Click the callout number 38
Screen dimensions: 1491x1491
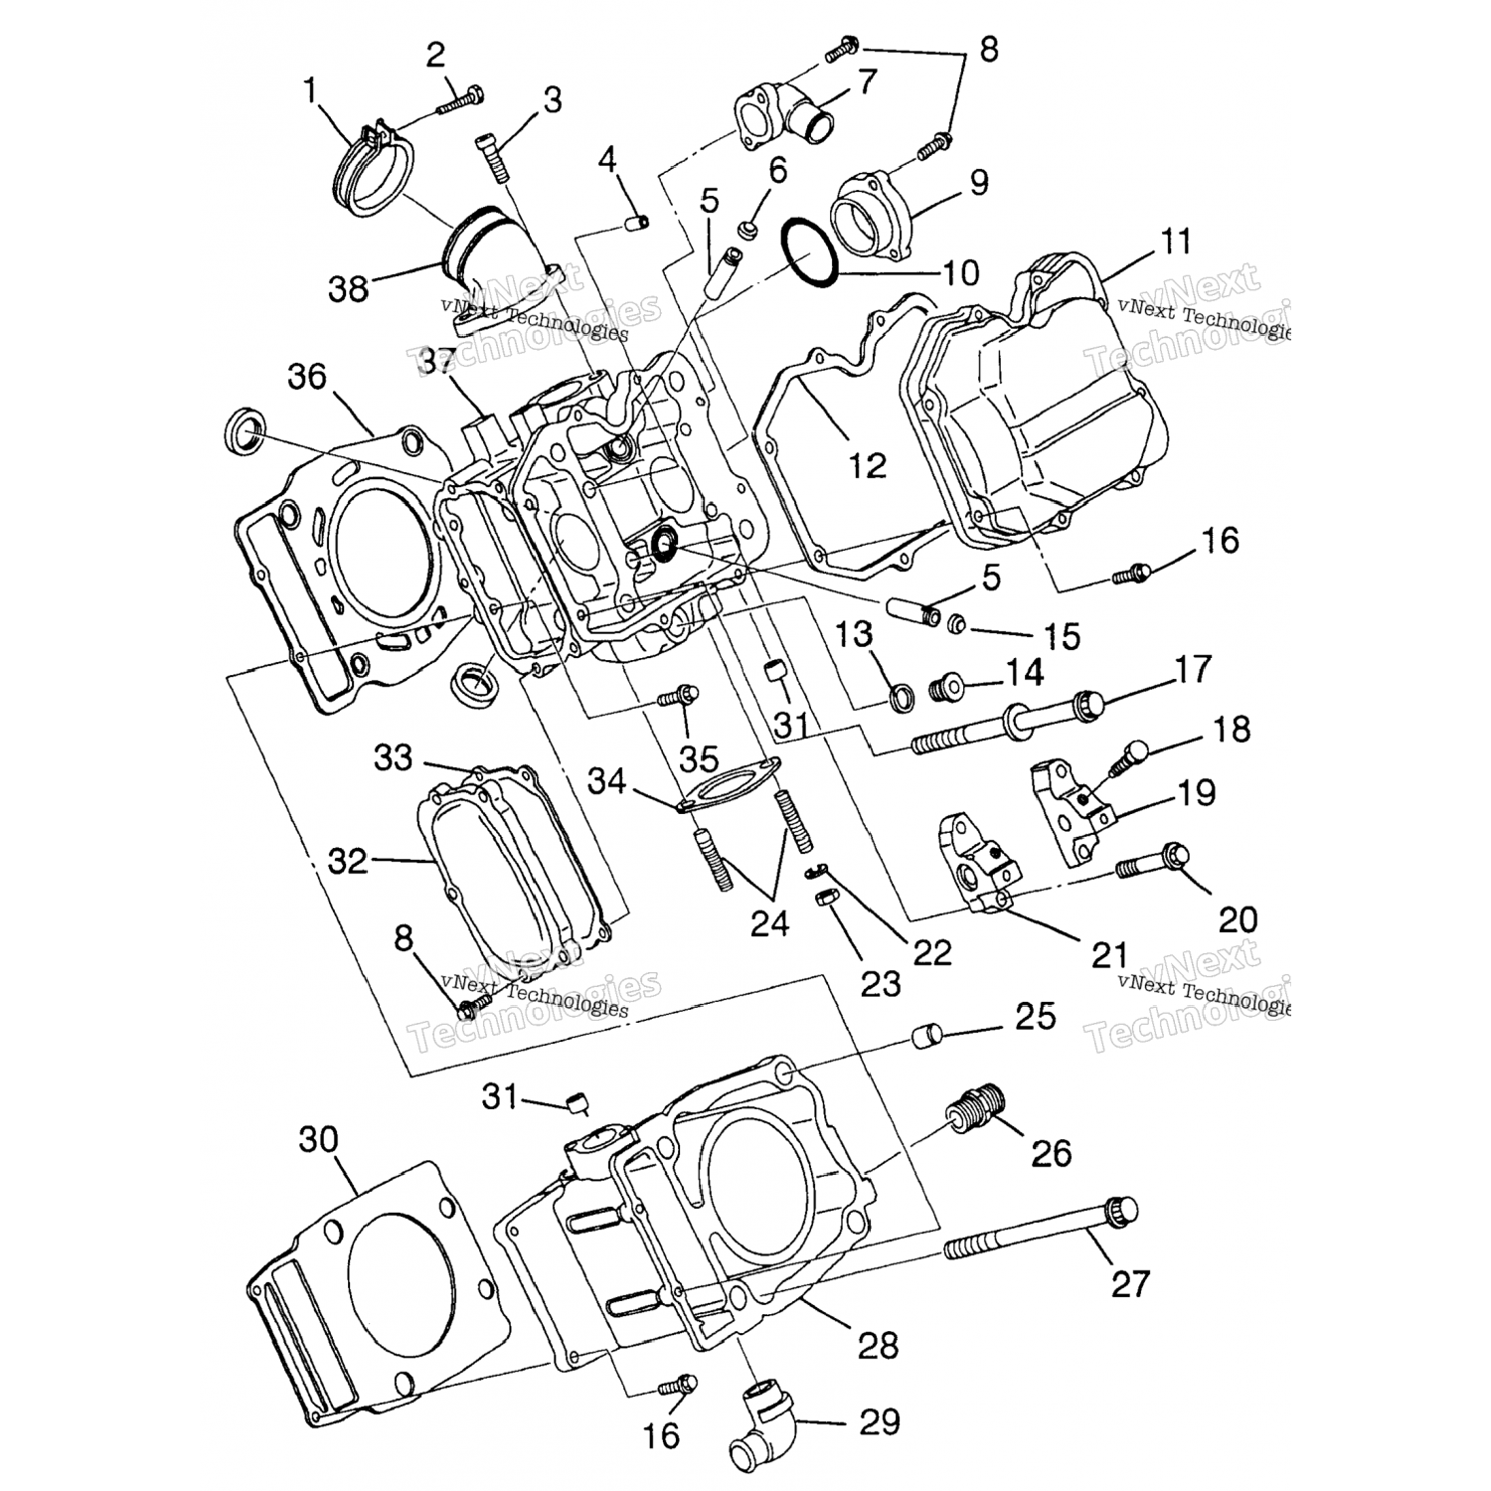point(348,288)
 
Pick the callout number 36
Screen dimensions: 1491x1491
point(307,377)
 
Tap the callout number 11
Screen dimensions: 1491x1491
point(1176,242)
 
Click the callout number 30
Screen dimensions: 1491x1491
point(319,1139)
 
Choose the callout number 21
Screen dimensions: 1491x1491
point(1109,955)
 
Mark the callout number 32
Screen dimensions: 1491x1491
point(348,860)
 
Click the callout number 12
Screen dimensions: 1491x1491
point(868,464)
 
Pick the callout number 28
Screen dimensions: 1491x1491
point(878,1346)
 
